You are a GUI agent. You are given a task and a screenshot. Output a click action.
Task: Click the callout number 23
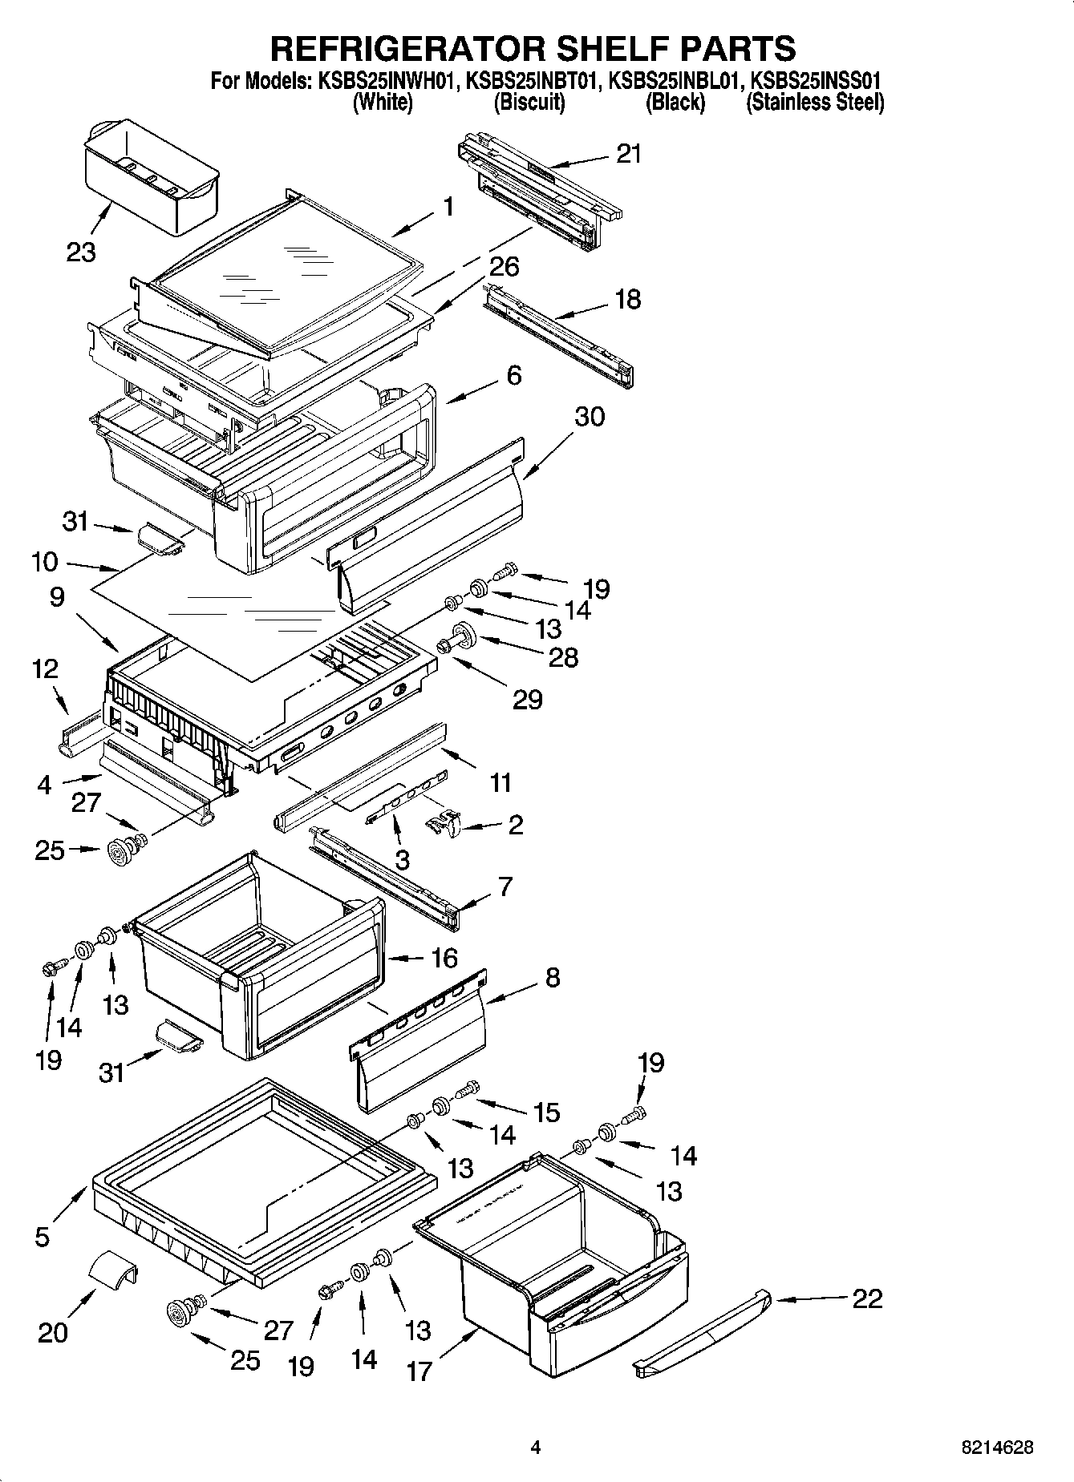82,252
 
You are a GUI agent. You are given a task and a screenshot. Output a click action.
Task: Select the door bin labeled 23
150,179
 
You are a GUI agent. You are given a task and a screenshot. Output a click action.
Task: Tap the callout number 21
629,153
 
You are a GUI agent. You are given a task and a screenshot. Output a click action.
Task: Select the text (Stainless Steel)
815,103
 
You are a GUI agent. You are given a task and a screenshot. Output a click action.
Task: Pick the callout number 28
562,658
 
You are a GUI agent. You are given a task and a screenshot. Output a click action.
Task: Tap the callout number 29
527,700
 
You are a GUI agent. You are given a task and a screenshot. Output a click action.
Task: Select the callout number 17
419,1371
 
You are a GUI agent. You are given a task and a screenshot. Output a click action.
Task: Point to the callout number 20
53,1333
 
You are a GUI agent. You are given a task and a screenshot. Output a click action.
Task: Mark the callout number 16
444,958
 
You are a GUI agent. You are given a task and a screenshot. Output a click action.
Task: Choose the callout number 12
45,668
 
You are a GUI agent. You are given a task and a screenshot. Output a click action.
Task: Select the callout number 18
627,300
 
